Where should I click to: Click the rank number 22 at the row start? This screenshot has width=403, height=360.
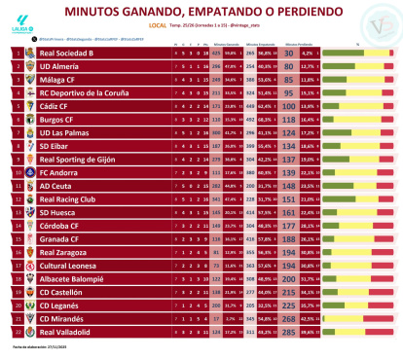tap(17, 331)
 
